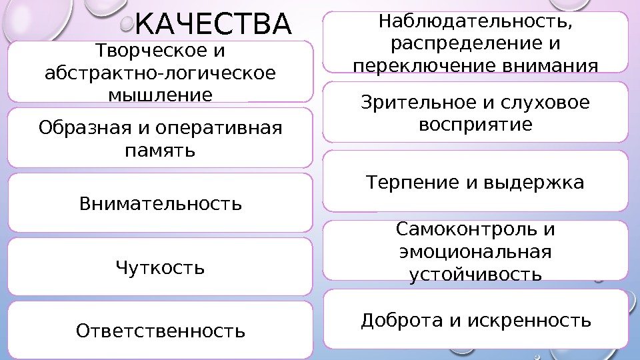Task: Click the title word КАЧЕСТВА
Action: click(213, 25)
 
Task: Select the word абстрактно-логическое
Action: click(159, 73)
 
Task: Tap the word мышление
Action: click(160, 95)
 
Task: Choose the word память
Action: click(160, 150)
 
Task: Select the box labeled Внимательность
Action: click(160, 202)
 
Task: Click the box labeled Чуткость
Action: click(160, 267)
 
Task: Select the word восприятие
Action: click(475, 124)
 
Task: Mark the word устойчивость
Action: click(475, 274)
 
